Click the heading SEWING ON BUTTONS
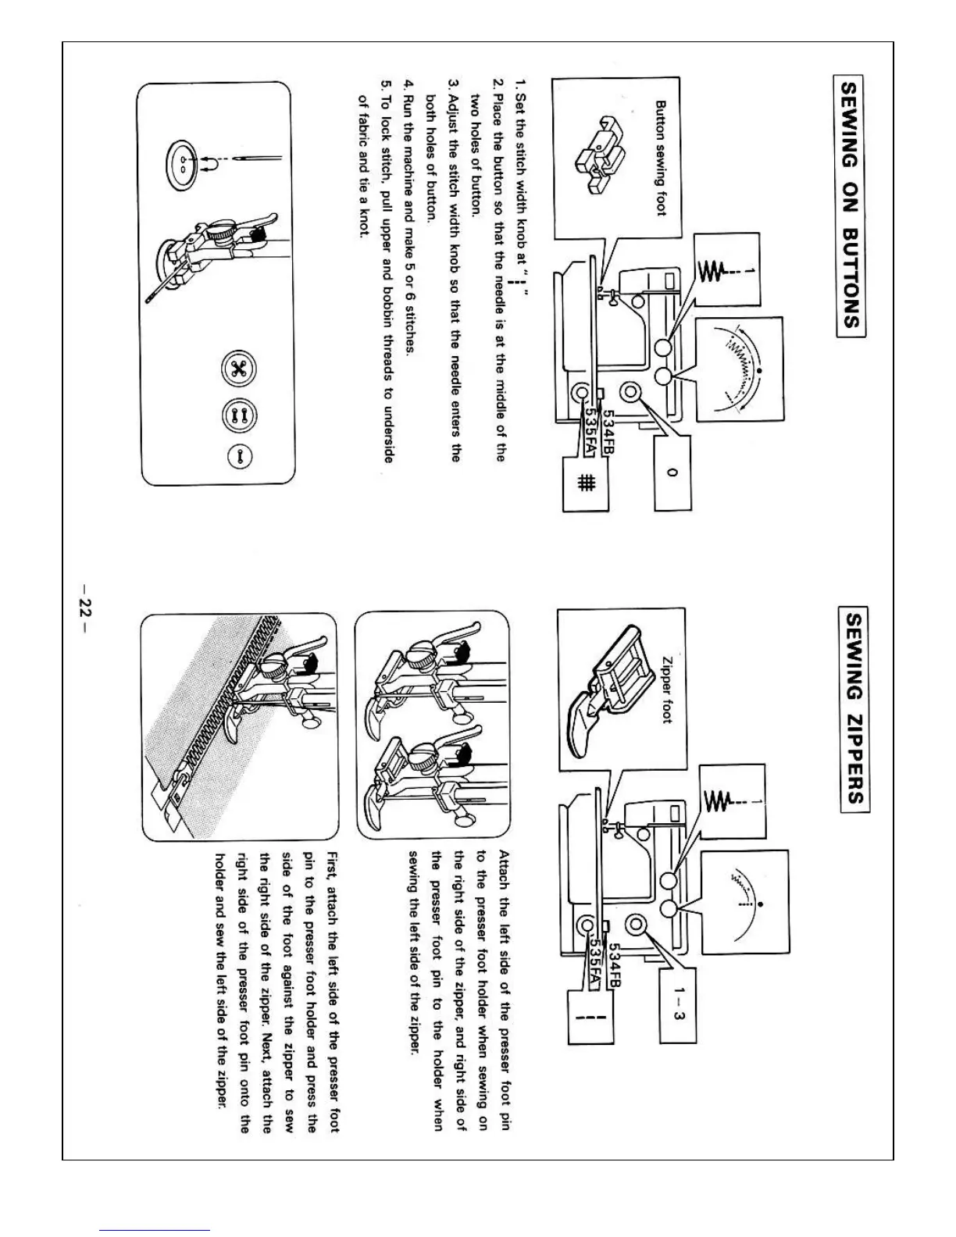click(850, 205)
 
